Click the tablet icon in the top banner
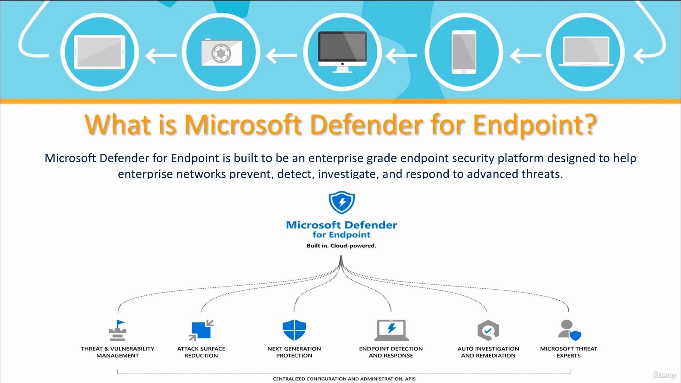(99, 52)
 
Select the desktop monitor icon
(342, 52)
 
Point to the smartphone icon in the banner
(464, 52)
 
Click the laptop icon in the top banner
(586, 52)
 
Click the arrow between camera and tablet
(161, 55)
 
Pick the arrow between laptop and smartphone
(526, 55)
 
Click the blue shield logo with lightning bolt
(342, 202)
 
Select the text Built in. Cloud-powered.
(341, 245)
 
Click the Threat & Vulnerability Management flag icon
(117, 330)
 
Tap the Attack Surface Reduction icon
(201, 330)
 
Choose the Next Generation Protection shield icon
(294, 330)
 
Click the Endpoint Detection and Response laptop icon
(391, 330)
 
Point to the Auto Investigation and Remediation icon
(488, 330)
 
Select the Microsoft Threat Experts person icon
(569, 330)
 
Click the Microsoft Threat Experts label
(569, 352)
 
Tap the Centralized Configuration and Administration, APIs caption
(344, 379)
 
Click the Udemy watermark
(665, 375)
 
